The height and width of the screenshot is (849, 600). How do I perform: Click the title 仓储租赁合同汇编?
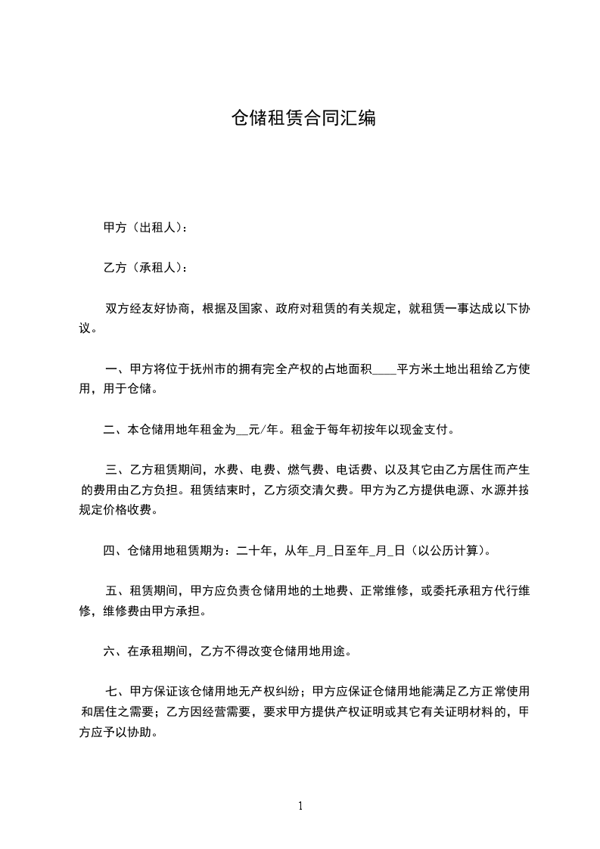(303, 119)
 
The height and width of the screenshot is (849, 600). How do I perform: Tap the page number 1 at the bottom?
(300, 806)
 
